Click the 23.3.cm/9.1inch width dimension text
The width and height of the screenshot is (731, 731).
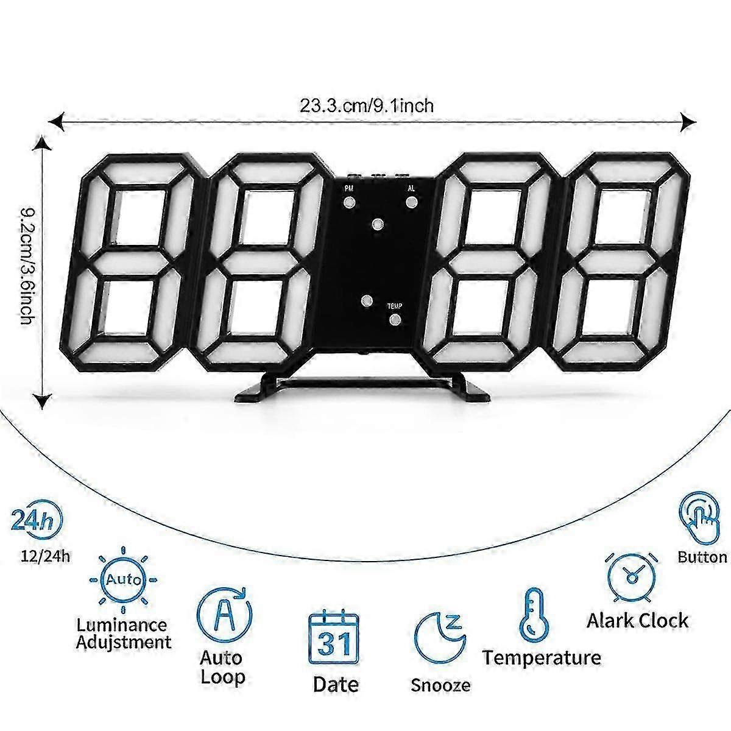(367, 106)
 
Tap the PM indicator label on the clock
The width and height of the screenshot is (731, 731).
(348, 189)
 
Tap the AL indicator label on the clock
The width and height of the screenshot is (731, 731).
(411, 189)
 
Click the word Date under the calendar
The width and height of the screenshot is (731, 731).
(336, 683)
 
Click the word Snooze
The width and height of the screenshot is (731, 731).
(440, 685)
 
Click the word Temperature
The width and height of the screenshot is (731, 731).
(542, 657)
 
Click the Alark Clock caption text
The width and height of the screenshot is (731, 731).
(637, 621)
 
